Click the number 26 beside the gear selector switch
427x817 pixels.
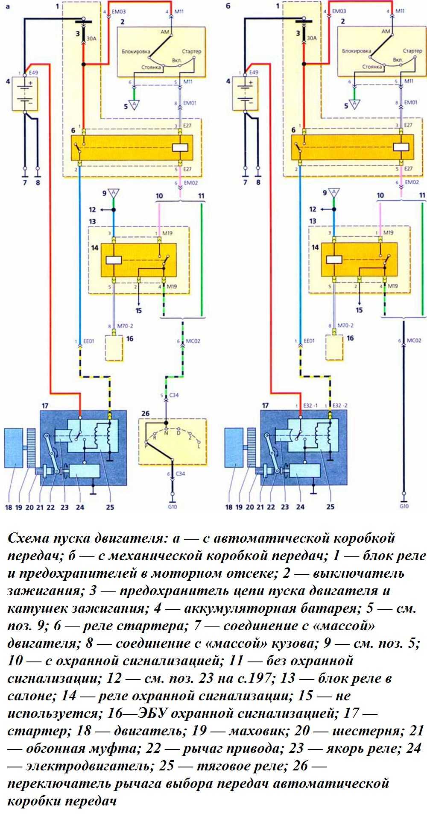coord(146,413)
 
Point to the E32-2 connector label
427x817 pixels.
coord(339,405)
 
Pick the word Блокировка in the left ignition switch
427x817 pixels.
coord(136,51)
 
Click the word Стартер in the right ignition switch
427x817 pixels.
coord(412,51)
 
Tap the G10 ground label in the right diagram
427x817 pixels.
coord(404,506)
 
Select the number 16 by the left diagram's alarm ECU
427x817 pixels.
coord(129,338)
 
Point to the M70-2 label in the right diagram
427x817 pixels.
coord(345,326)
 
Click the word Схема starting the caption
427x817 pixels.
coord(28,538)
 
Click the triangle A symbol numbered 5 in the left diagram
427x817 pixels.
coord(135,105)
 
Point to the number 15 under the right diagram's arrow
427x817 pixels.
coord(359,310)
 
